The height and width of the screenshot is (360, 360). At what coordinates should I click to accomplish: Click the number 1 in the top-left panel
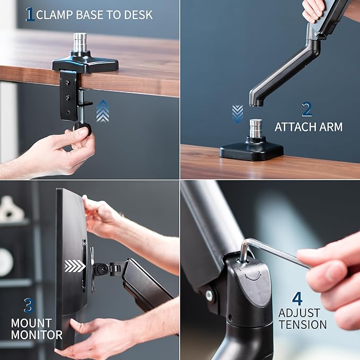pos(30,14)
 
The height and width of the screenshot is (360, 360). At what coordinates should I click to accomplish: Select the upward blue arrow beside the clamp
pos(103,112)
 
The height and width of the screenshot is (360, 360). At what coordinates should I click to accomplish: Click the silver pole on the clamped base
pos(80,43)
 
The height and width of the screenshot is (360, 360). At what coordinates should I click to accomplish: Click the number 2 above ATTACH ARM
pos(307,109)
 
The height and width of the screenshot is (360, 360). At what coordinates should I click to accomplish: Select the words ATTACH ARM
pos(308,127)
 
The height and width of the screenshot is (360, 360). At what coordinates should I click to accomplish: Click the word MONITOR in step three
pos(37,335)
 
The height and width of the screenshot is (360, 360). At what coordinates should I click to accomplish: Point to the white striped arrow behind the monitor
pos(74,266)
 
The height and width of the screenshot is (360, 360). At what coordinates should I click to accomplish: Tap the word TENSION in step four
pos(302,324)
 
